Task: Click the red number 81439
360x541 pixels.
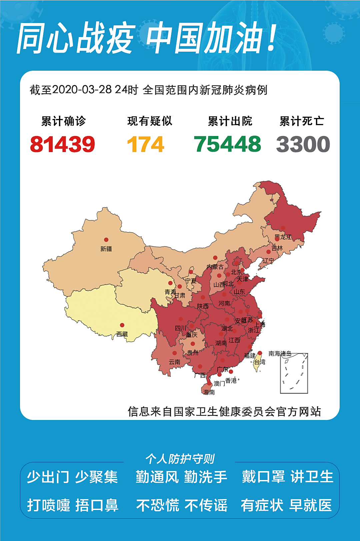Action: [x=63, y=144]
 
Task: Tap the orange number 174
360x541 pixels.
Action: [x=146, y=144]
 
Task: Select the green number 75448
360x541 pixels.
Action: [x=227, y=144]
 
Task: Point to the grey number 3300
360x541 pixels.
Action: [x=303, y=144]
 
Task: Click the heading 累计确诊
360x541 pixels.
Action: [x=63, y=121]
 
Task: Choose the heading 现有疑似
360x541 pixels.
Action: [x=150, y=121]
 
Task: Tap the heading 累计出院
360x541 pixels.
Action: [x=230, y=121]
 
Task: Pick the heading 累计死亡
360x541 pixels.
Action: [x=302, y=121]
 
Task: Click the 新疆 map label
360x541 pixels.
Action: [x=106, y=249]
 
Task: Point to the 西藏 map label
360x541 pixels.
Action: [x=122, y=334]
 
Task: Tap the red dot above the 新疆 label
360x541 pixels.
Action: [x=106, y=240]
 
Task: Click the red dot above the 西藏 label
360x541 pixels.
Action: [x=122, y=325]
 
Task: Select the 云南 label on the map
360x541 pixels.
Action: [x=174, y=362]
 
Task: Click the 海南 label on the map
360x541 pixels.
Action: [x=209, y=392]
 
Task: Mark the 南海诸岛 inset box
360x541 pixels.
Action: [x=294, y=373]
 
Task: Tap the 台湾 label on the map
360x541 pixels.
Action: [x=260, y=362]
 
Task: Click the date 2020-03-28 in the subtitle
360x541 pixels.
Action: [x=82, y=90]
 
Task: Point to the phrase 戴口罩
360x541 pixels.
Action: [x=263, y=477]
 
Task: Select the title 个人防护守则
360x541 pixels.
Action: [x=180, y=459]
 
